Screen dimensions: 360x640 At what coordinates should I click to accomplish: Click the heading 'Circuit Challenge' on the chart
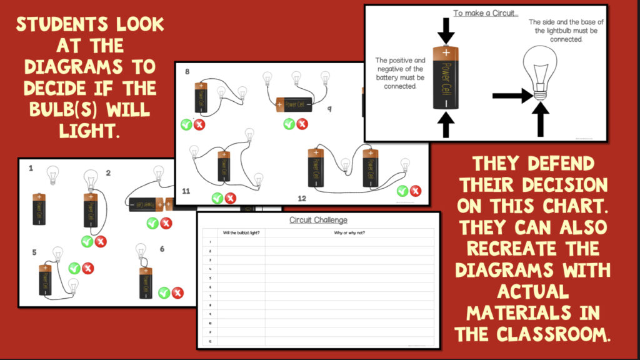[x=318, y=220]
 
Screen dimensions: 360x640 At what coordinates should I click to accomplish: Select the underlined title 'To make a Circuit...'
[x=485, y=12]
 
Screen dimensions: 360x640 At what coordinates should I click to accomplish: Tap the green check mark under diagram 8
[x=186, y=124]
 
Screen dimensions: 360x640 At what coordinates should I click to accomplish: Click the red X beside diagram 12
[x=416, y=191]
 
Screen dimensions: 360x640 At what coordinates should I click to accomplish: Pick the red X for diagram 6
[x=177, y=292]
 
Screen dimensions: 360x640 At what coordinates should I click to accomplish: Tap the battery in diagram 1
[x=39, y=209]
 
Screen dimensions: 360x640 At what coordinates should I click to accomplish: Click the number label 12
[x=302, y=198]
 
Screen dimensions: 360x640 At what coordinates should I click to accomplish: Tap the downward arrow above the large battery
[x=446, y=30]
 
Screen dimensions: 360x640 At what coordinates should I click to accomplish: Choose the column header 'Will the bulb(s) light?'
[x=241, y=233]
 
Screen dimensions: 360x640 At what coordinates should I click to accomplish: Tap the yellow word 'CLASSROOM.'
[x=532, y=334]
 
